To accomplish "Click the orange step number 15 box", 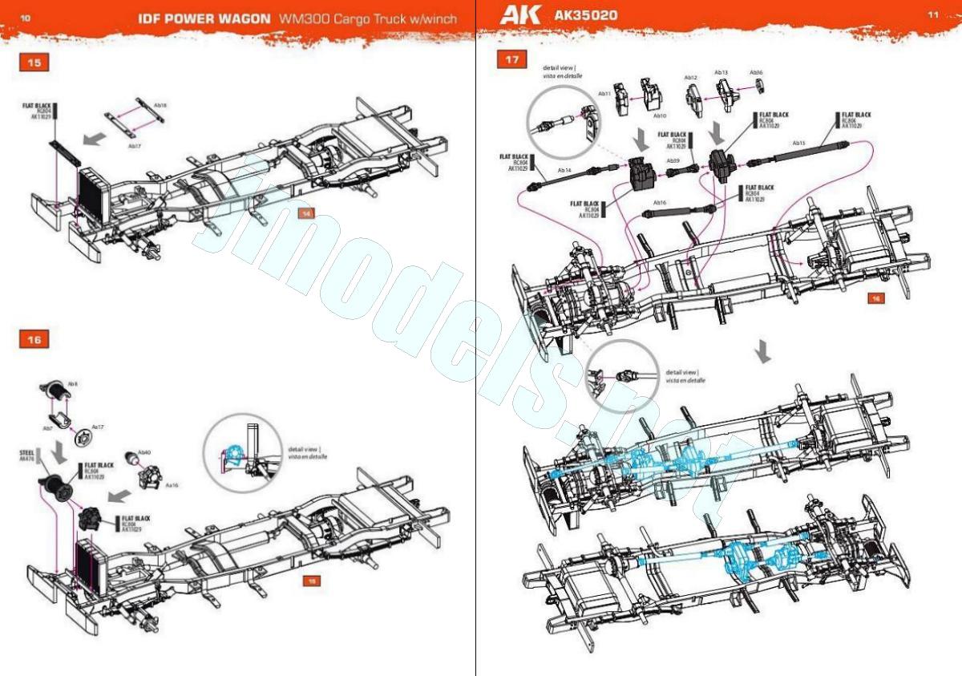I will pyautogui.click(x=34, y=63).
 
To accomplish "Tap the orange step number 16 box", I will pyautogui.click(x=34, y=339).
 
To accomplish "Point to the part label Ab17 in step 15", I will pyautogui.click(x=135, y=147).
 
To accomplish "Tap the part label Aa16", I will pyautogui.click(x=172, y=485).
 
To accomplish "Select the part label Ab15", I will pyautogui.click(x=798, y=144).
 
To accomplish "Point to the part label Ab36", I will pyautogui.click(x=757, y=72).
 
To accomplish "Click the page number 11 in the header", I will pyautogui.click(x=933, y=14).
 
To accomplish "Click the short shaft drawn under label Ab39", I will pyautogui.click(x=673, y=172).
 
